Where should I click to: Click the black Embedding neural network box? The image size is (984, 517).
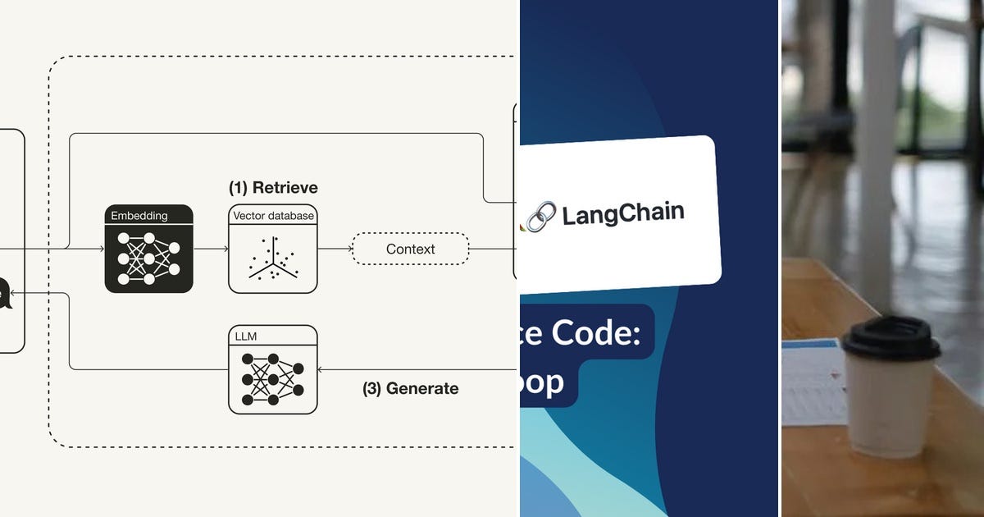click(148, 249)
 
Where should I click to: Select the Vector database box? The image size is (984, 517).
click(272, 249)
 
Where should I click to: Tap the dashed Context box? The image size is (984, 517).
click(410, 249)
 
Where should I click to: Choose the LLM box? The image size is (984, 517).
click(272, 369)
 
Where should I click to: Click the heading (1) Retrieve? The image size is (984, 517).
click(273, 188)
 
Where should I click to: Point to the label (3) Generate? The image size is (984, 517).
click(410, 388)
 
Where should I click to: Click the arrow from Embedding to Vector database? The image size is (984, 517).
click(211, 249)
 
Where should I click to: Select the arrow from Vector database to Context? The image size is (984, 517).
click(335, 249)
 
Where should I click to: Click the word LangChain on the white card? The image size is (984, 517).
click(622, 214)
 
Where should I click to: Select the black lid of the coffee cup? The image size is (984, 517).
click(891, 337)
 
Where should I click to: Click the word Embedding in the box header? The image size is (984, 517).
click(139, 216)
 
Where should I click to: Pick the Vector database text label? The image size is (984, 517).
click(272, 216)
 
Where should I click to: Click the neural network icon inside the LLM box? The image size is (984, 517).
click(272, 379)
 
